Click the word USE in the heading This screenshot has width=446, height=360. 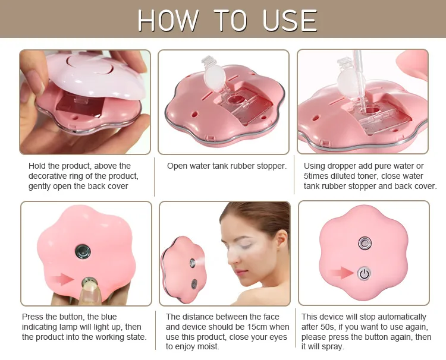click(x=290, y=20)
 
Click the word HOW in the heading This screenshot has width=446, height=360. click(x=168, y=20)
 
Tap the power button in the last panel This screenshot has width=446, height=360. click(x=364, y=273)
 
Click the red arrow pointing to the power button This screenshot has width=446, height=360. click(x=341, y=273)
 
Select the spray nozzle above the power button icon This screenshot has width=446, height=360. click(x=365, y=243)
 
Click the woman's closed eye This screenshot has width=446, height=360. click(x=245, y=244)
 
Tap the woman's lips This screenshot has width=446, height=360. click(x=240, y=272)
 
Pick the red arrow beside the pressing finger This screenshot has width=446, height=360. click(x=62, y=279)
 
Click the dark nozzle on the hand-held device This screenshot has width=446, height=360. click(x=83, y=252)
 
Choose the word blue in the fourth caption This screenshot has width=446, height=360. click(x=109, y=317)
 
